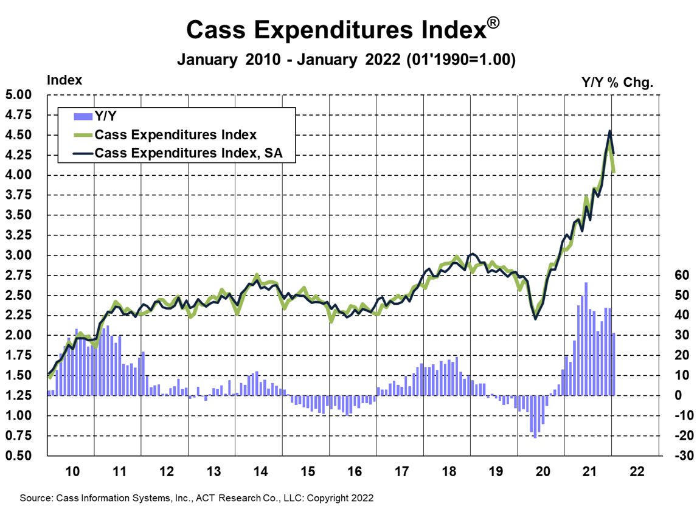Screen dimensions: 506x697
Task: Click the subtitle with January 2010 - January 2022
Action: tap(346, 60)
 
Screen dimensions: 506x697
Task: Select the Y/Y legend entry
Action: tap(106, 116)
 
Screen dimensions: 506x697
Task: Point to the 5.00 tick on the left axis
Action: tap(24, 95)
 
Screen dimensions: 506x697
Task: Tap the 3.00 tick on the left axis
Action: tap(24, 255)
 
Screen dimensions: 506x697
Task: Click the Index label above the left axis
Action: tap(64, 80)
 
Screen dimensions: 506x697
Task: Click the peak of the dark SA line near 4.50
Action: tap(609, 131)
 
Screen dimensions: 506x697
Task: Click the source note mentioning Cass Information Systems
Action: tap(196, 497)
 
